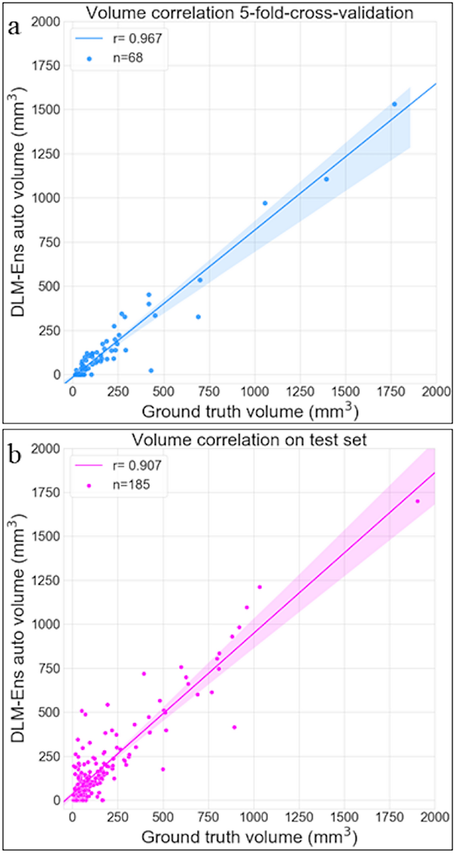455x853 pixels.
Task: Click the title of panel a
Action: point(250,13)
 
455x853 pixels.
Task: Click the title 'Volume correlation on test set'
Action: point(249,440)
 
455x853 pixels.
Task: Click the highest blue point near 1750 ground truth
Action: point(395,104)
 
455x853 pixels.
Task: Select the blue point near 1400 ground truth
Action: point(326,179)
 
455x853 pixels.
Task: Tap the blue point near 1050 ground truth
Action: point(265,203)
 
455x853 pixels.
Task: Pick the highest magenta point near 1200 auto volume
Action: point(260,587)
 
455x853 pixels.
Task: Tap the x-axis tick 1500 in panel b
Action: point(344,817)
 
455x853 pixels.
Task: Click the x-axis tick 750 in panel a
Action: point(209,391)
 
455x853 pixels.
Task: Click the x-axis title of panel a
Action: point(250,412)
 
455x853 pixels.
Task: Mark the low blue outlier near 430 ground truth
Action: point(151,371)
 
